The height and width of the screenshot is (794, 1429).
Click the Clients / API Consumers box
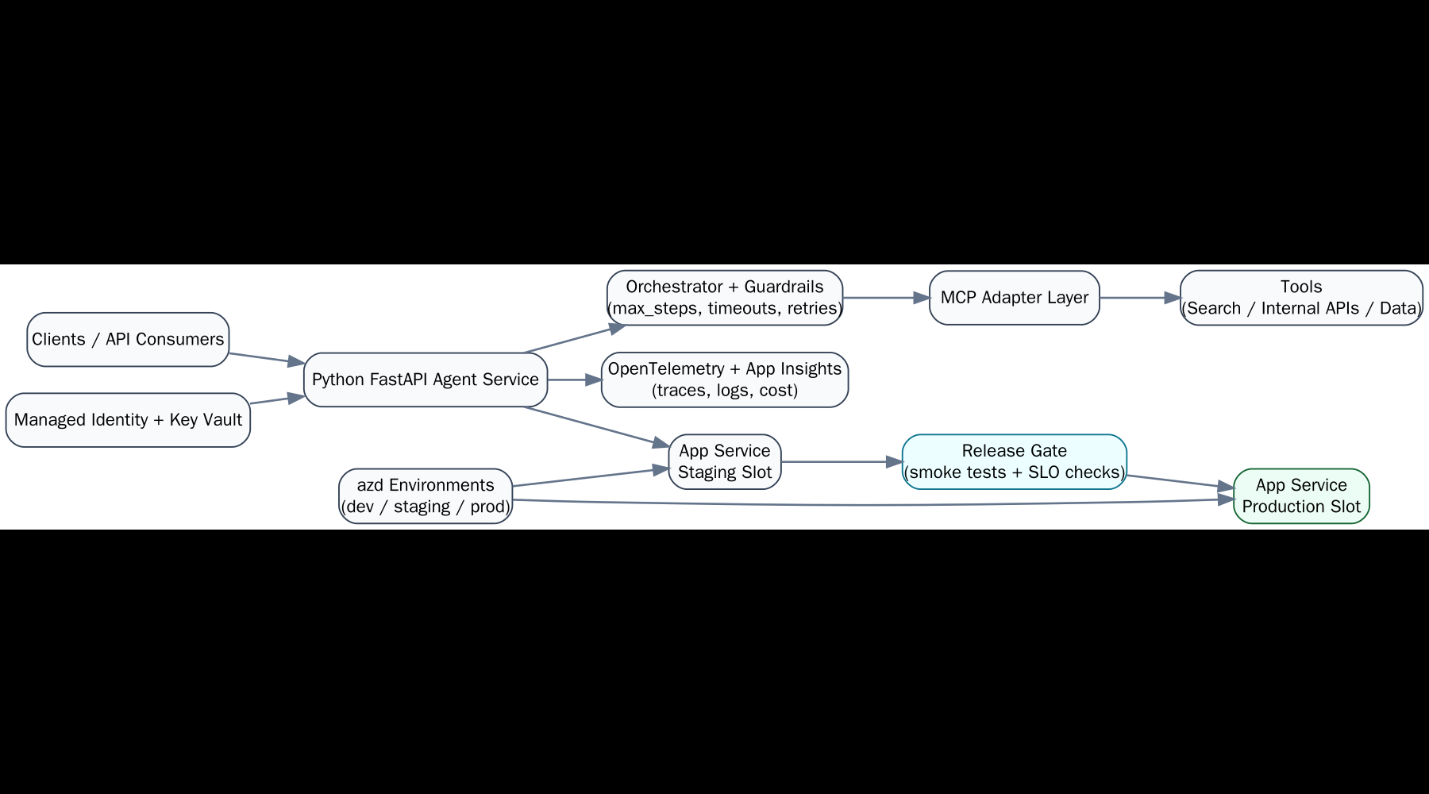128,339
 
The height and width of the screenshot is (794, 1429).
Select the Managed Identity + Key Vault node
128,420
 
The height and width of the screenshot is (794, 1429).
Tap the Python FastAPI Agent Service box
426,380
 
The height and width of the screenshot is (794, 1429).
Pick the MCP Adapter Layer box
1014,298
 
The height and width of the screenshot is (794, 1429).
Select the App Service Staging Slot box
724,461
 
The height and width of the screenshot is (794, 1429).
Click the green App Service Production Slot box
1300,495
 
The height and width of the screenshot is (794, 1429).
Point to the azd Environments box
426,495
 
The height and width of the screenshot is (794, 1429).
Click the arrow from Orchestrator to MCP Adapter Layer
885,298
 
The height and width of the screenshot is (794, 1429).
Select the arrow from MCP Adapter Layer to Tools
1139,298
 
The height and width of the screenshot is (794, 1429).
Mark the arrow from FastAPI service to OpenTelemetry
573,380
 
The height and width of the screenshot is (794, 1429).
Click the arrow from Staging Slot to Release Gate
842,461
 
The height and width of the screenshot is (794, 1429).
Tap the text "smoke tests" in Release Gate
957,472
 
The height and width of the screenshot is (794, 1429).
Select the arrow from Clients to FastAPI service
266,358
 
